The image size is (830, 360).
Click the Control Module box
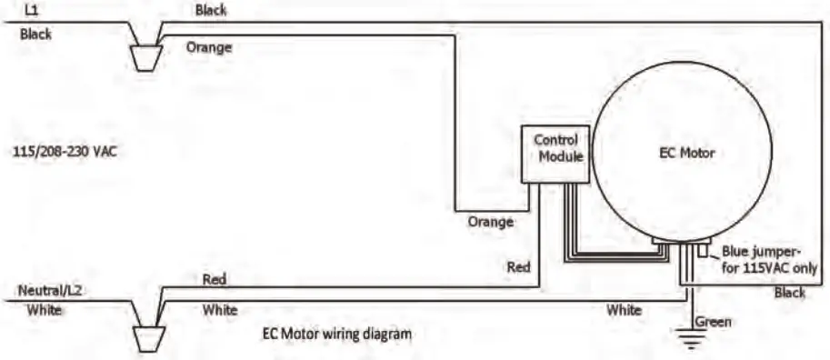(555, 153)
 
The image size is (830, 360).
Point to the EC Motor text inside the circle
(686, 153)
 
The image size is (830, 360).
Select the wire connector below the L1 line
(144, 55)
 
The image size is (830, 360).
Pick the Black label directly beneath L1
(36, 35)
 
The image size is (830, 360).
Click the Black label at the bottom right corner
(788, 293)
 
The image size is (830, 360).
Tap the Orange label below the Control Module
(490, 221)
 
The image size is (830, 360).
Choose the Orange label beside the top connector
(208, 47)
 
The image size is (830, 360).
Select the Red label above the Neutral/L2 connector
(215, 278)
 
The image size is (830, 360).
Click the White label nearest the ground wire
(624, 310)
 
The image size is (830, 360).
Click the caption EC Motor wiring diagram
(337, 334)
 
